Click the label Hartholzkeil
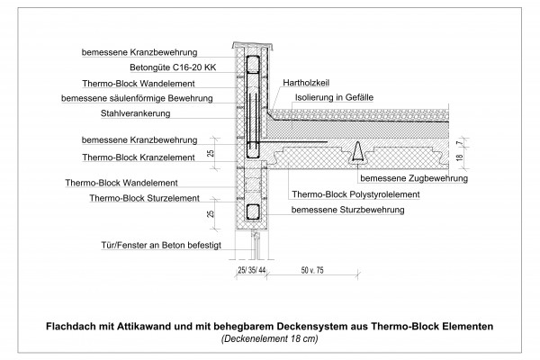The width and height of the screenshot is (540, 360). [x=306, y=83]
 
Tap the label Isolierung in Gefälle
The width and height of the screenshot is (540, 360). [x=334, y=97]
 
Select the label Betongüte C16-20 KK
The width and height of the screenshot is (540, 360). [x=173, y=67]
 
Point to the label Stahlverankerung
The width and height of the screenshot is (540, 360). [x=135, y=113]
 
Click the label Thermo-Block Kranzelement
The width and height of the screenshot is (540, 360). [x=139, y=157]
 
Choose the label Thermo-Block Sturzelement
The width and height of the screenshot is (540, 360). [x=144, y=198]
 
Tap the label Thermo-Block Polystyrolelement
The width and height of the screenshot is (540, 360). [x=355, y=194]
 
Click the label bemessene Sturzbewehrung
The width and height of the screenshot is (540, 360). [x=347, y=210]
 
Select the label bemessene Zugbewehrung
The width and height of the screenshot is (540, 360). [x=414, y=178]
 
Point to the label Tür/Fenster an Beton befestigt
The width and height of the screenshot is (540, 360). [x=161, y=246]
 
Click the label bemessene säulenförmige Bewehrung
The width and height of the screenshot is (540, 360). [x=137, y=98]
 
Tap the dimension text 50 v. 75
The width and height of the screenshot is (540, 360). [x=312, y=270]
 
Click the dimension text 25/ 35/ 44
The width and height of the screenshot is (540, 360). [x=252, y=270]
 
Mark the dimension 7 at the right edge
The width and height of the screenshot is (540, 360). [x=459, y=142]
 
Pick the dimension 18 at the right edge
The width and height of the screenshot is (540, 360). [x=459, y=157]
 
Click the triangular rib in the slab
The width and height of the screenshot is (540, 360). [x=358, y=152]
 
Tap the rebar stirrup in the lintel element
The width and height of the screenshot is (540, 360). [x=252, y=211]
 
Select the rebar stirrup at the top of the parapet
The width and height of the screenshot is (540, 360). [x=252, y=64]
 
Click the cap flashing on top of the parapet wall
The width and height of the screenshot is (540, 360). [x=252, y=45]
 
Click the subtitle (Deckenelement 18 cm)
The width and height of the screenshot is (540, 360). [x=270, y=338]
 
